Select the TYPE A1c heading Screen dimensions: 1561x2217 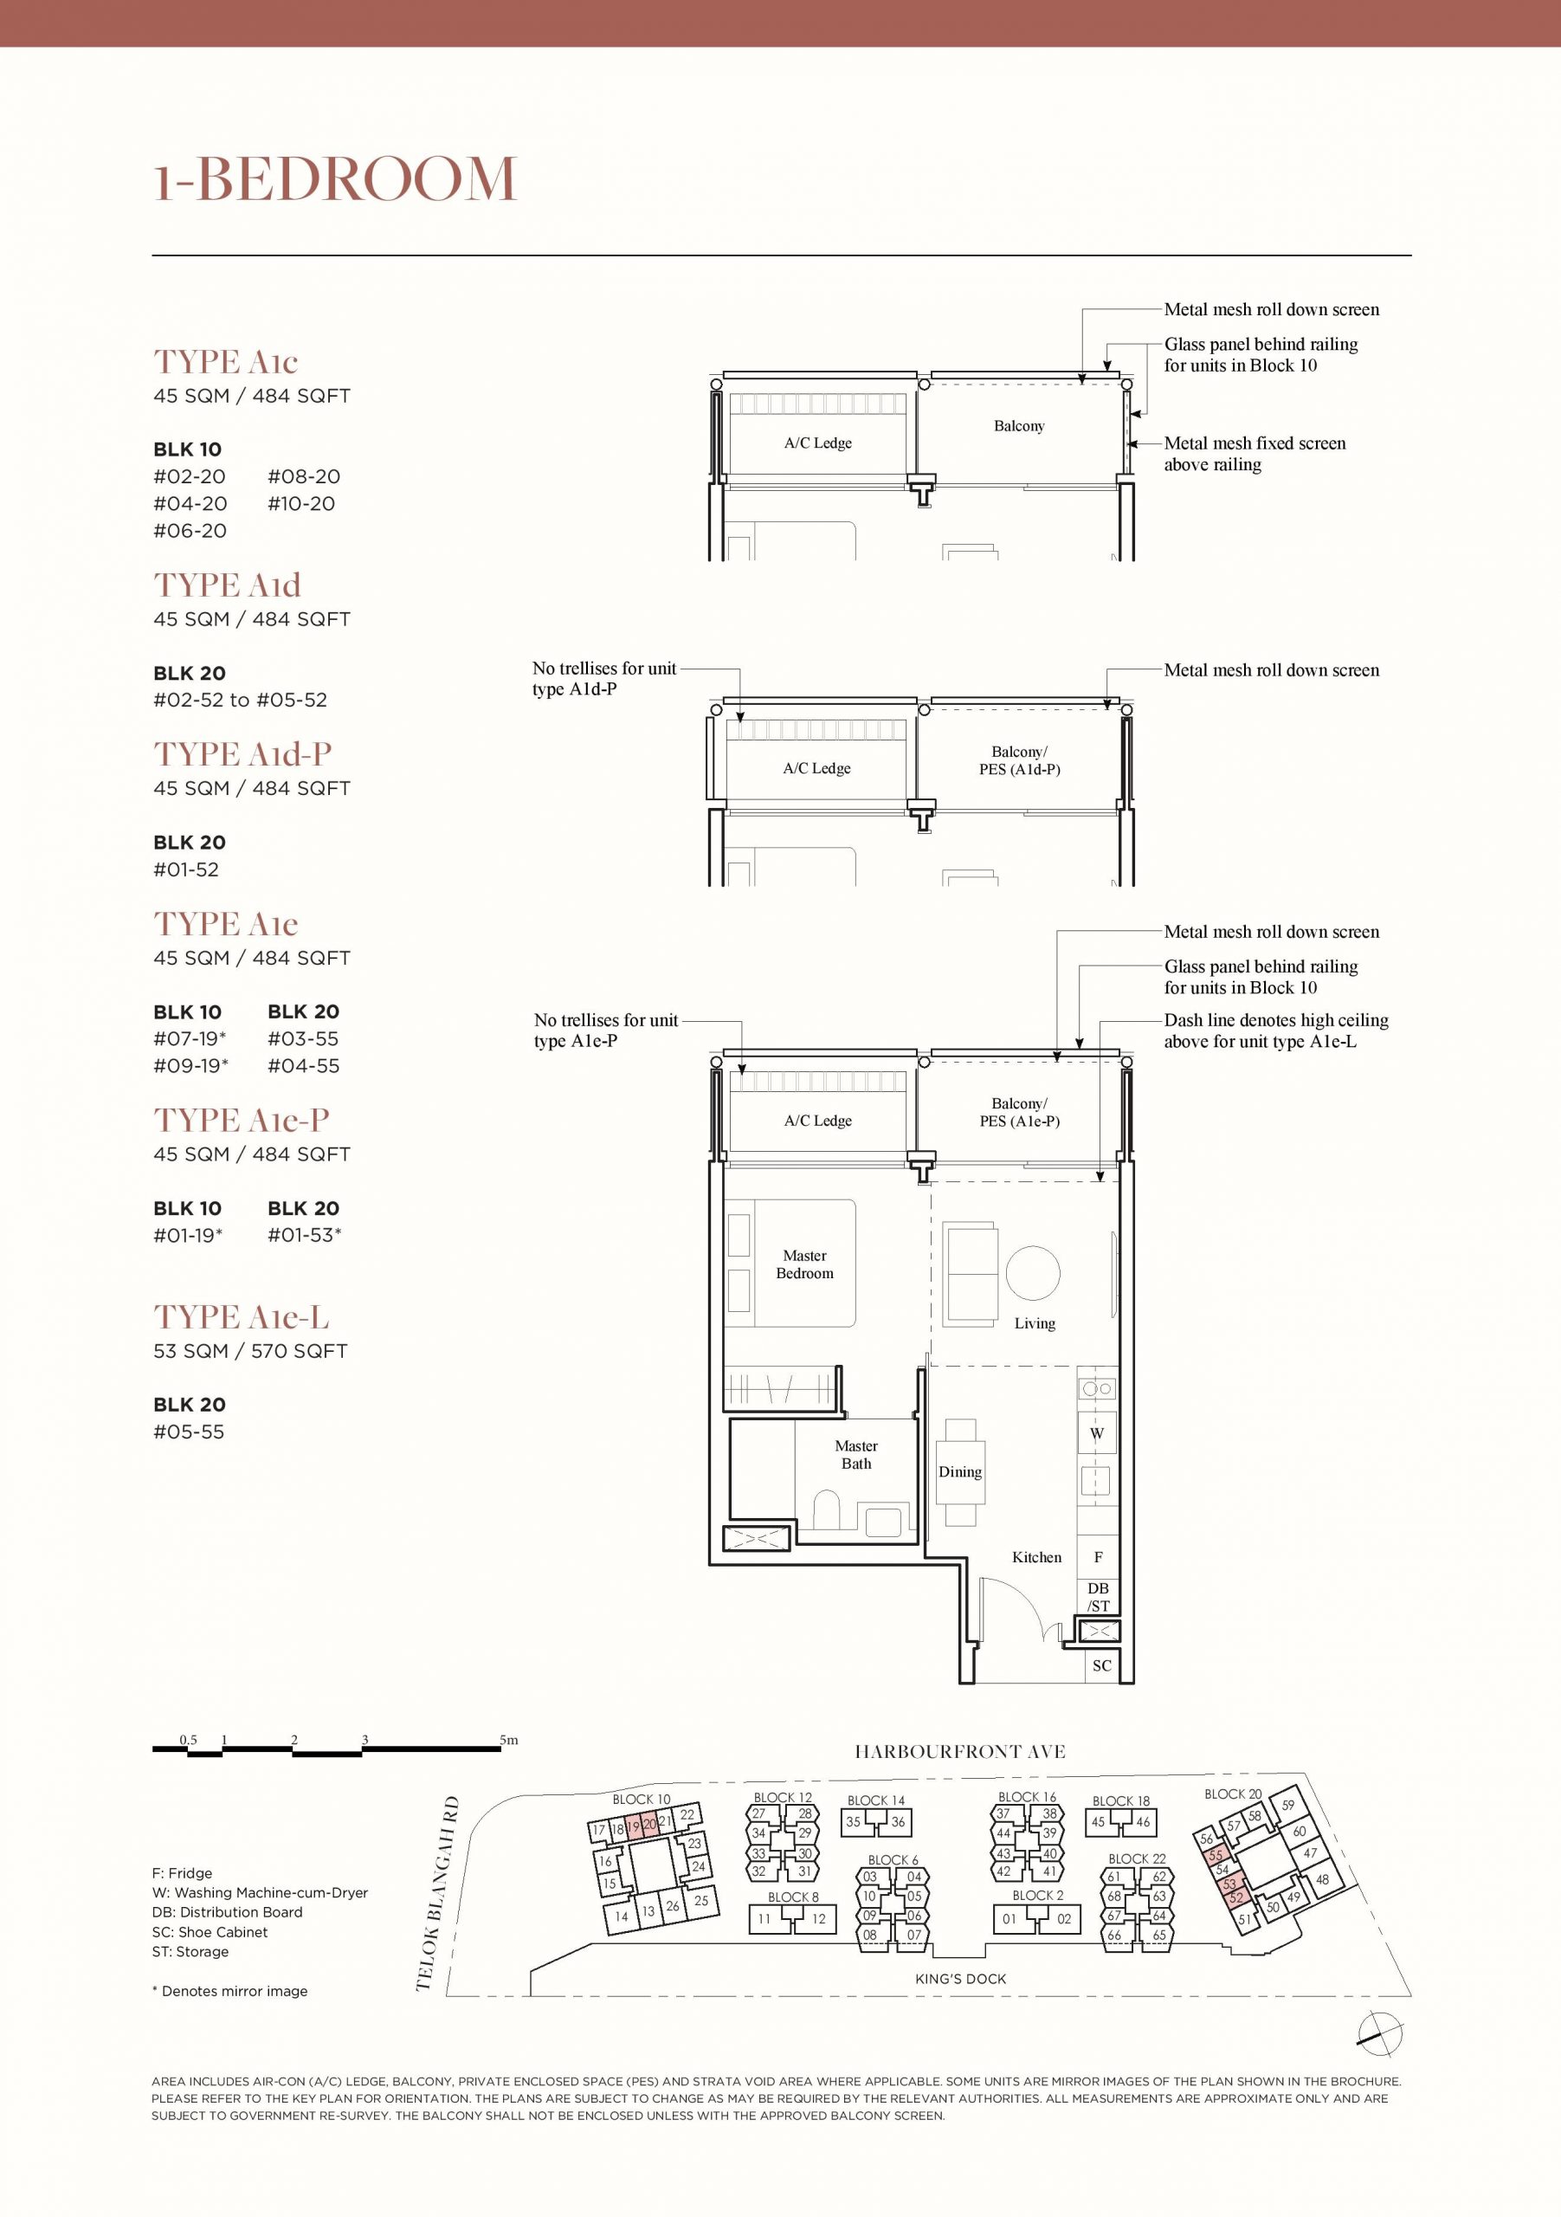(x=226, y=362)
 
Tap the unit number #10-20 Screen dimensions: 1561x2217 (x=301, y=503)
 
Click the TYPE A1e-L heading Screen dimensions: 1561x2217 (x=242, y=1317)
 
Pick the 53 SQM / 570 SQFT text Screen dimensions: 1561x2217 (x=250, y=1351)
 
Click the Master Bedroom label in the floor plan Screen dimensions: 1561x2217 (x=804, y=1264)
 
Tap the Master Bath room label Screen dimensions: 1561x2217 (x=856, y=1454)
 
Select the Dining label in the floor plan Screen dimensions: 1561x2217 (x=959, y=1471)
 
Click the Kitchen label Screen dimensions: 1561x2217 (x=1037, y=1556)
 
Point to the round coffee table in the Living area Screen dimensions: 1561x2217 (x=1033, y=1273)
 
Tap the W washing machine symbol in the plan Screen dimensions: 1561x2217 (x=1097, y=1433)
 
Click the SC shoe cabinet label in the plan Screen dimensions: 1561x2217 (x=1101, y=1664)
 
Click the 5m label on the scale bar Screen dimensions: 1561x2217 (x=509, y=1740)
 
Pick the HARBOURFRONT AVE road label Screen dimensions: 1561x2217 (x=959, y=1752)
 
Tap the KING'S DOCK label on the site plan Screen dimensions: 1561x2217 (x=960, y=1979)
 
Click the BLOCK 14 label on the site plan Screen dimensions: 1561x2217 (x=875, y=1800)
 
